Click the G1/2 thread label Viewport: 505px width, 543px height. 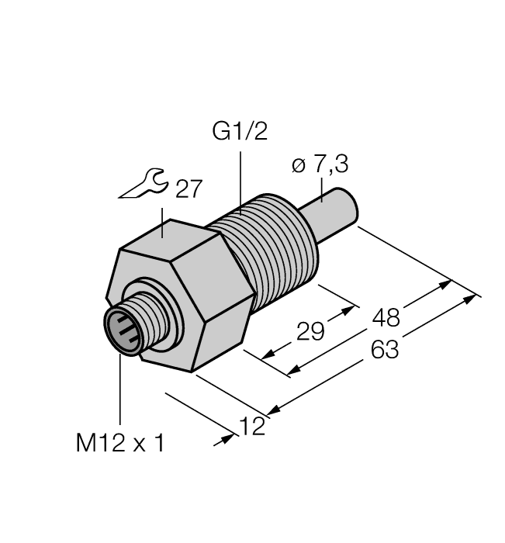(x=240, y=132)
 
